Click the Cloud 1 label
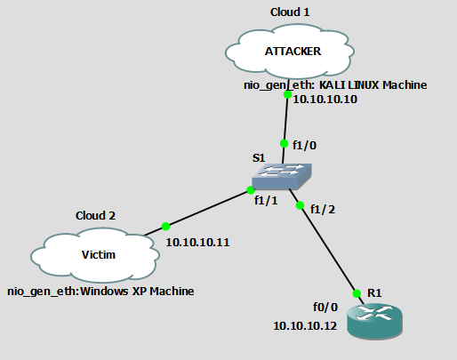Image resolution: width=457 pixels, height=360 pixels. [x=290, y=12]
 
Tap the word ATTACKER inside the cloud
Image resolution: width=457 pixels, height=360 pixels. [x=293, y=52]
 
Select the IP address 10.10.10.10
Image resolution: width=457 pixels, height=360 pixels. [x=325, y=100]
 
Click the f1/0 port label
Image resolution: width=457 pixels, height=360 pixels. [x=304, y=146]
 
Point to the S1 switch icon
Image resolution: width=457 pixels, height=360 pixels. [x=282, y=177]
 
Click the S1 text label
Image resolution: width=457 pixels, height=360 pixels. [x=259, y=158]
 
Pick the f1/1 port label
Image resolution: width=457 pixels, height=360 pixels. [x=266, y=201]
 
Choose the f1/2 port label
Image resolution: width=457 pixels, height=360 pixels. [x=323, y=210]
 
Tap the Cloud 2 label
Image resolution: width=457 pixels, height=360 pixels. [x=95, y=216]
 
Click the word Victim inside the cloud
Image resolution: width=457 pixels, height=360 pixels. [x=99, y=255]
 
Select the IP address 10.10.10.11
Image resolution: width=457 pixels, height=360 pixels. [x=197, y=243]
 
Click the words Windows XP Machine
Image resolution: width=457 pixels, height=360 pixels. [x=137, y=292]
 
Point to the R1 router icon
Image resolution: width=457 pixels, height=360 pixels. [x=374, y=321]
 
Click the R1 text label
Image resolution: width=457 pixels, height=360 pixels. [x=374, y=293]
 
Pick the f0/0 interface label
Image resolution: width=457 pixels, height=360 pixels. [x=325, y=308]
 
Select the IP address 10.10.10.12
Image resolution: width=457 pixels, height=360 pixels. [x=305, y=326]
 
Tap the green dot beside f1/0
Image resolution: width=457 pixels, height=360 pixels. [x=284, y=143]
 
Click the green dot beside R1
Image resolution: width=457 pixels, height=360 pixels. [x=357, y=293]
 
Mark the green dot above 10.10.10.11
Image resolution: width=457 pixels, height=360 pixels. [x=165, y=227]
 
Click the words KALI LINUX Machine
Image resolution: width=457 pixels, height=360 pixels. [x=373, y=85]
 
